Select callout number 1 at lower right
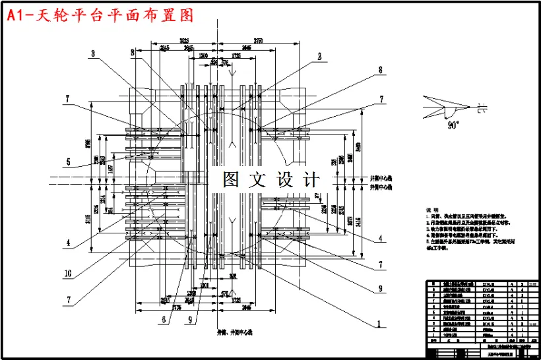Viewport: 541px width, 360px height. click(379, 324)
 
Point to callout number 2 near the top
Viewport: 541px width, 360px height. click(319, 56)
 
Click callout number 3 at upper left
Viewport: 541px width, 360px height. click(93, 53)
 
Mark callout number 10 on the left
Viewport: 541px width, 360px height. click(68, 273)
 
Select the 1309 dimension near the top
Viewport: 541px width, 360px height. click(205, 55)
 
